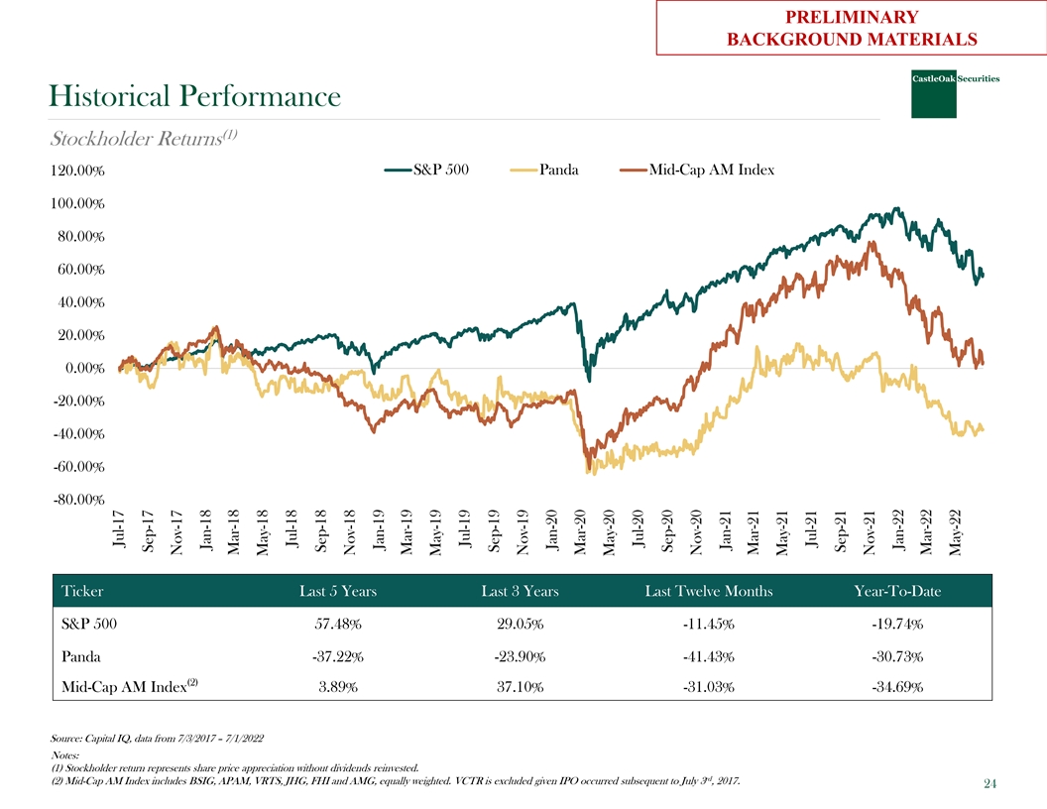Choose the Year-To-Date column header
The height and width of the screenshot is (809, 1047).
tap(897, 592)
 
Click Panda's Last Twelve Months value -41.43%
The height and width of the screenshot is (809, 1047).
tap(708, 656)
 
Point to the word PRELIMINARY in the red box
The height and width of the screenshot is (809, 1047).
tap(852, 17)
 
